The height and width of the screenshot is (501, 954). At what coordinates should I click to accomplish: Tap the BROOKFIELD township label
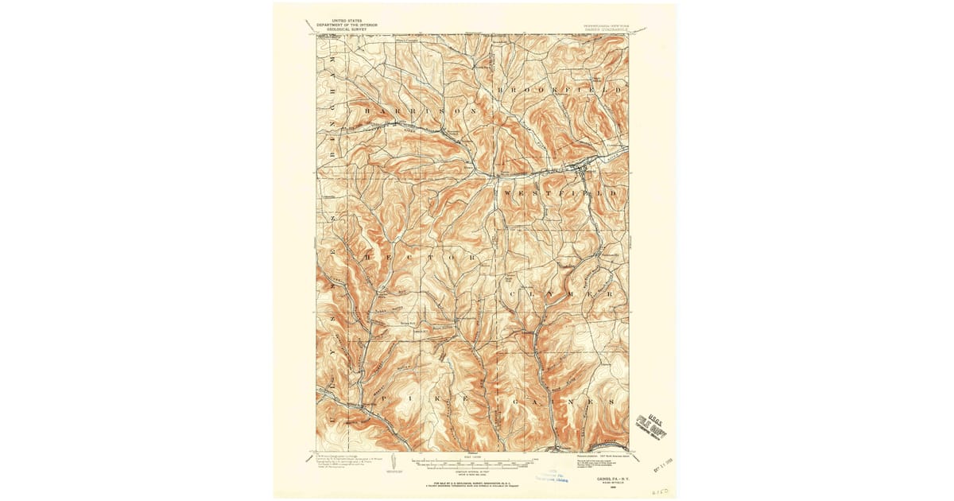click(560, 91)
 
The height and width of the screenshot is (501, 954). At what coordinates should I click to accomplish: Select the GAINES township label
click(560, 402)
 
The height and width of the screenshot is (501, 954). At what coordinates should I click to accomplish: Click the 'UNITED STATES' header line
click(346, 21)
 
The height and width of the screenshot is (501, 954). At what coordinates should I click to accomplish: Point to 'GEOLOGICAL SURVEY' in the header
click(346, 29)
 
